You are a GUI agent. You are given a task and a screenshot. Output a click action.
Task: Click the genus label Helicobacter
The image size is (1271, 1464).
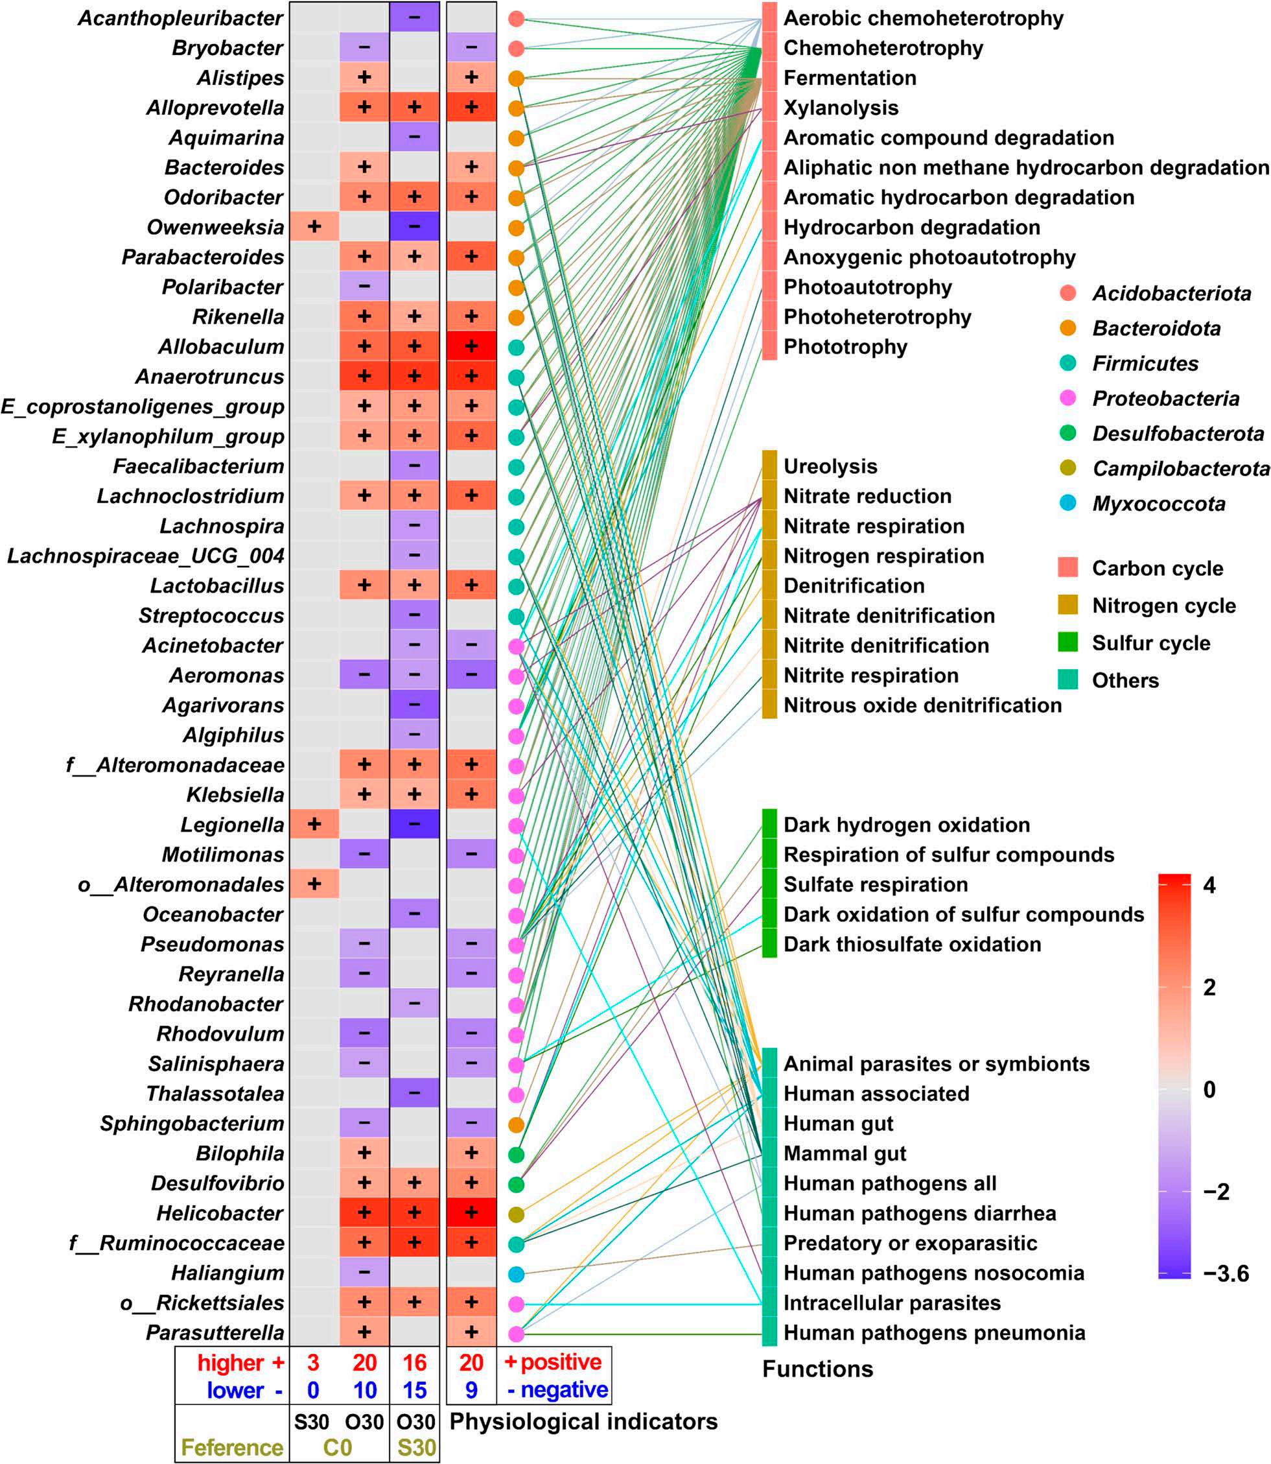point(220,1214)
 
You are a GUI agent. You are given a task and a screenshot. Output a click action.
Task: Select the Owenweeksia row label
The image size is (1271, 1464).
point(215,227)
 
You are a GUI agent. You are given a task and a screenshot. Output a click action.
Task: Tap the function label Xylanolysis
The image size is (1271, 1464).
point(841,108)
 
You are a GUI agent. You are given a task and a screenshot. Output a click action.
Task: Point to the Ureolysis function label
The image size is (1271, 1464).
point(830,466)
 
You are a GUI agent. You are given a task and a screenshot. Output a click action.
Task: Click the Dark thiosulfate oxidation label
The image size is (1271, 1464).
point(912,945)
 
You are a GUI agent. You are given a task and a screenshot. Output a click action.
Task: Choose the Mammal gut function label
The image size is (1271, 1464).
point(845,1154)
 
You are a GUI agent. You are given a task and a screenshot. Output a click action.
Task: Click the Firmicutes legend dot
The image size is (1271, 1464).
point(1067,363)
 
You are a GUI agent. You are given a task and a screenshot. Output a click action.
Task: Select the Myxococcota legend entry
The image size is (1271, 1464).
point(1158,504)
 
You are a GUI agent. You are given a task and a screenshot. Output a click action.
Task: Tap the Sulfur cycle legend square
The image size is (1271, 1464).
point(1067,643)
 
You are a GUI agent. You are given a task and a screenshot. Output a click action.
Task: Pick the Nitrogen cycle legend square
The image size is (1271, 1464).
point(1067,605)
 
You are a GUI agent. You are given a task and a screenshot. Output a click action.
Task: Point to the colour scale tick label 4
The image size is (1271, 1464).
point(1209,885)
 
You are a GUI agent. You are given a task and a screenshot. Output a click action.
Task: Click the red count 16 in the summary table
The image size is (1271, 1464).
point(414,1362)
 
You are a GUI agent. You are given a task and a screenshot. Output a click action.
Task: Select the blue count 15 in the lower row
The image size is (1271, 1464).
point(414,1390)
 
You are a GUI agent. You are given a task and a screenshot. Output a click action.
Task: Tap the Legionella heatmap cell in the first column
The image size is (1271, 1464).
point(314,825)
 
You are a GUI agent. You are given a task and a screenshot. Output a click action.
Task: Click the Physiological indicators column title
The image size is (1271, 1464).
point(583,1422)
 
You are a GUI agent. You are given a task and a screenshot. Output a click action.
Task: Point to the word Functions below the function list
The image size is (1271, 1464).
point(817,1369)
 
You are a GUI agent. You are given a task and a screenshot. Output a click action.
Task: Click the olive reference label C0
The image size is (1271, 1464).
point(338,1447)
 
